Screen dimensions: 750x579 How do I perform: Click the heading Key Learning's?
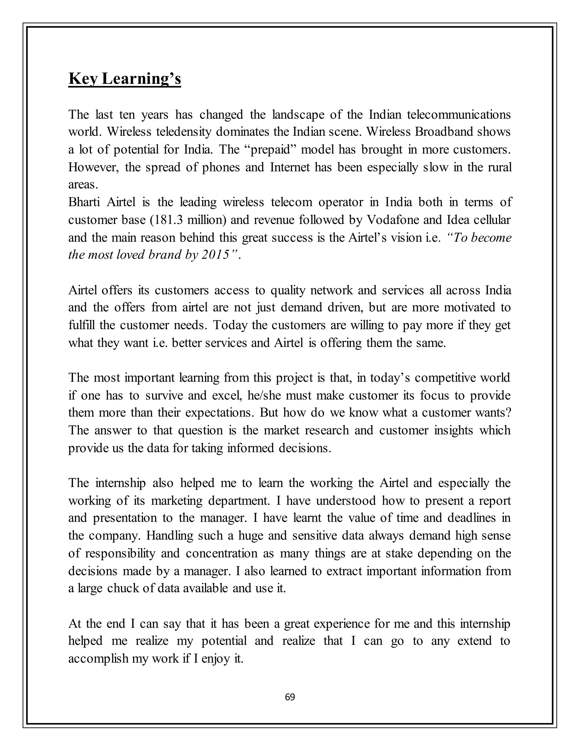(124, 79)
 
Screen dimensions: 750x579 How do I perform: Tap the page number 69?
(290, 697)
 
